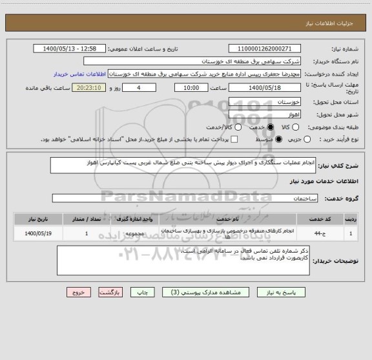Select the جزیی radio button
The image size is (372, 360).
point(307,139)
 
